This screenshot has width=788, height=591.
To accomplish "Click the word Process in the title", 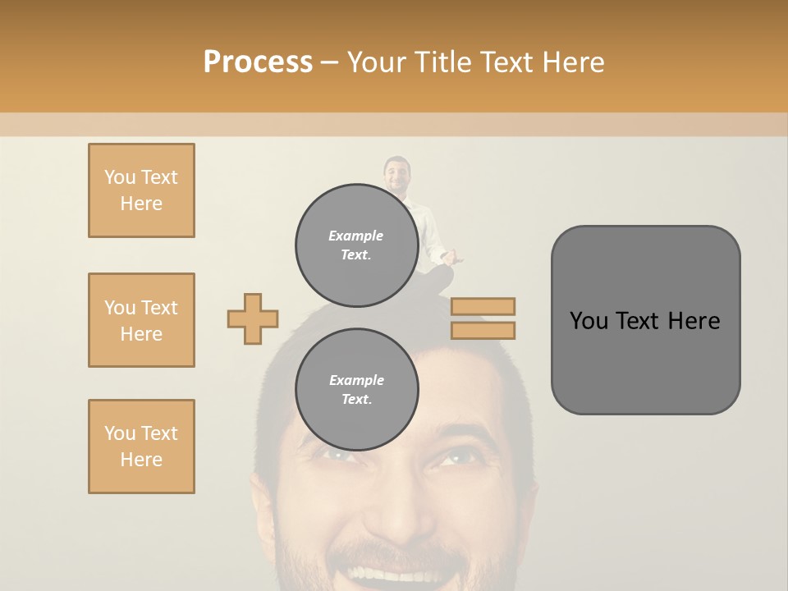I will (258, 62).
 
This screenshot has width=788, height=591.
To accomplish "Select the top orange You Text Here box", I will (141, 190).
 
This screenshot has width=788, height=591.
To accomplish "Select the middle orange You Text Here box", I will (141, 320).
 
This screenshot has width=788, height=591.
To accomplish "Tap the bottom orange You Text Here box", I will (141, 447).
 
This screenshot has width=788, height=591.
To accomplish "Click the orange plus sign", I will (253, 318).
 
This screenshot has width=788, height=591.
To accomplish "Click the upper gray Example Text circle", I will (356, 245).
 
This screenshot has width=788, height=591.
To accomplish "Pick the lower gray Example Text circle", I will (356, 389).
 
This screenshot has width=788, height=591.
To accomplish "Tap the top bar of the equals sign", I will (483, 306).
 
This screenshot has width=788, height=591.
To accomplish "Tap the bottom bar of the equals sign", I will (483, 330).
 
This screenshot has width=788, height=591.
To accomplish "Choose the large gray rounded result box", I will (645, 320).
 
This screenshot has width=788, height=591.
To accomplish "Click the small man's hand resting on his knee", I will (448, 258).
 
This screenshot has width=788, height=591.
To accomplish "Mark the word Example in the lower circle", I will (356, 380).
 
